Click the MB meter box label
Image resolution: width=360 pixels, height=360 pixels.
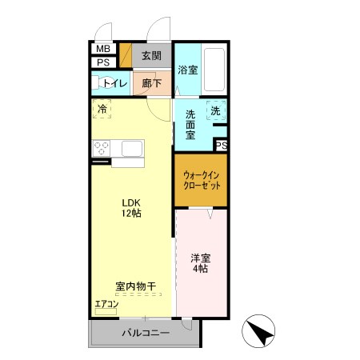pyautogui.click(x=103, y=49)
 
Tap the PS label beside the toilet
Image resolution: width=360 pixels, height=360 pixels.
pyautogui.click(x=103, y=62)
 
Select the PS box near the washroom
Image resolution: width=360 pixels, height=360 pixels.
pyautogui.click(x=222, y=146)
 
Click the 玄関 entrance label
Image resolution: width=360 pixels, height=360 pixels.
pyautogui.click(x=151, y=56)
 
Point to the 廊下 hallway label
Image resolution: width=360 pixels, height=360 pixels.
pyautogui.click(x=151, y=83)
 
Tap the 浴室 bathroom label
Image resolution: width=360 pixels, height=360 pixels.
pyautogui.click(x=188, y=70)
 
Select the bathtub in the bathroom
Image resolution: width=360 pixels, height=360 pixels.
pyautogui.click(x=214, y=70)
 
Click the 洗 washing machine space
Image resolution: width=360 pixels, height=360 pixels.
pyautogui.click(x=216, y=110)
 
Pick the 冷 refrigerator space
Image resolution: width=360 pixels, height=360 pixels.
pyautogui.click(x=102, y=109)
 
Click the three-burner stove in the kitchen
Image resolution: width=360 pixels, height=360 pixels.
pyautogui.click(x=102, y=148)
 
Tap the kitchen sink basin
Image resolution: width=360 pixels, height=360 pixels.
pyautogui.click(x=132, y=148)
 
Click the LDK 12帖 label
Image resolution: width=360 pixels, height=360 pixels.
pyautogui.click(x=131, y=208)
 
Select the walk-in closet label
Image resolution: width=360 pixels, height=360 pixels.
pyautogui.click(x=202, y=181)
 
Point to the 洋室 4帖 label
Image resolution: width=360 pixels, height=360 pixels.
pyautogui.click(x=201, y=263)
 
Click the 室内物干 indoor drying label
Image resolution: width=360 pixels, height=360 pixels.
pyautogui.click(x=136, y=286)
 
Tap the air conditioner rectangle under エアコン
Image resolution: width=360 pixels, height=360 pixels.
pyautogui.click(x=106, y=312)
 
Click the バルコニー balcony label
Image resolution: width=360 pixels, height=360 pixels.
pyautogui.click(x=146, y=333)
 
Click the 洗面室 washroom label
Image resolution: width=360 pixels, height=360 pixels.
pyautogui.click(x=190, y=125)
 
